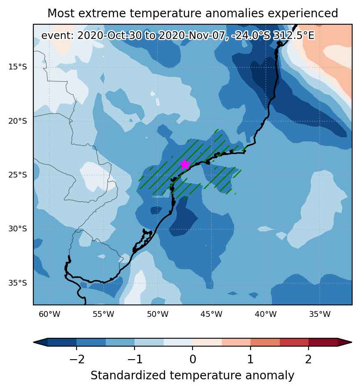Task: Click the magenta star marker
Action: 185,164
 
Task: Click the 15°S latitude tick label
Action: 17,67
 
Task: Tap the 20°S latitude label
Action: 17,121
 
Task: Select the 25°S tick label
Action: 17,175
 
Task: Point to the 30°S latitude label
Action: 17,229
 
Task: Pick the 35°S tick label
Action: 17,283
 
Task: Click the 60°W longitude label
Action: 49,314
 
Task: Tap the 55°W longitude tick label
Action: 103,314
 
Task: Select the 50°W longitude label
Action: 158,314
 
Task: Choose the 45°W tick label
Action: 211,314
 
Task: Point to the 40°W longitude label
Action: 266,314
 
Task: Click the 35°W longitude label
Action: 320,314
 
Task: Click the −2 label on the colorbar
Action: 77,359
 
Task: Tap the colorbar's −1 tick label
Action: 135,359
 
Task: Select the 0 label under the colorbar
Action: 193,359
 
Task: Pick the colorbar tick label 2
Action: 309,359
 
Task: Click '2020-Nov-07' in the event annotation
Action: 192,36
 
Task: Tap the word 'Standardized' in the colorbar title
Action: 128,375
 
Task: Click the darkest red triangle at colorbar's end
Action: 344,342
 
